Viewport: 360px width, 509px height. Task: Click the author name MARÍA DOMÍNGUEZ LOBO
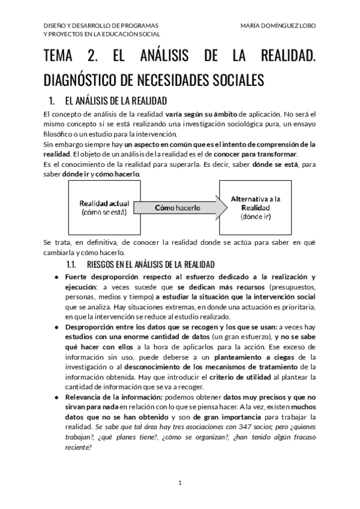[277, 26]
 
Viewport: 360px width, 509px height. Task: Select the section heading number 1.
[52, 100]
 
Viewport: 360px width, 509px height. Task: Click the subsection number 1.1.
[70, 265]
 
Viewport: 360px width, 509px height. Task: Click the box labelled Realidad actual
[100, 208]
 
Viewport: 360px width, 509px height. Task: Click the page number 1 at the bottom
[180, 483]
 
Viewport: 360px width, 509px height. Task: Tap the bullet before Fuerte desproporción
[56, 277]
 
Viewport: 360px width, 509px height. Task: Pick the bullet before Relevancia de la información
[56, 397]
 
